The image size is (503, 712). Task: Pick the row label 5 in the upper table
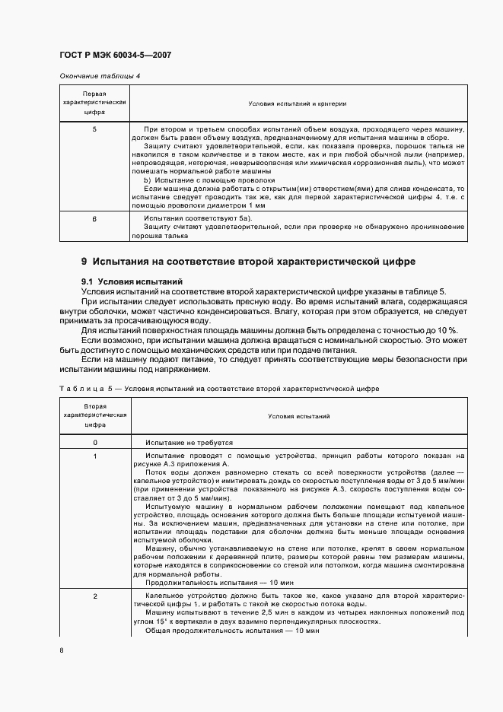point(94,129)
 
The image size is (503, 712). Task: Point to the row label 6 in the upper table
point(94,218)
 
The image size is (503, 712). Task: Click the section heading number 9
point(84,262)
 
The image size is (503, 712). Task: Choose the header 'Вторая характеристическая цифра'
point(94,417)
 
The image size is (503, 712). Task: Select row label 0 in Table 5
point(94,442)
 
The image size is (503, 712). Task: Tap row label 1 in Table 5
point(94,456)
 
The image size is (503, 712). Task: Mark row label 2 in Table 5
point(94,596)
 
